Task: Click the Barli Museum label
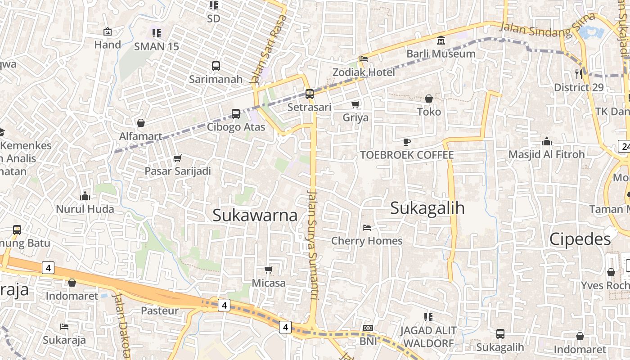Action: point(441,54)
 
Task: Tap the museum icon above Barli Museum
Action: point(441,40)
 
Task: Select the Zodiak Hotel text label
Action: point(364,72)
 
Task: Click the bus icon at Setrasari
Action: point(309,94)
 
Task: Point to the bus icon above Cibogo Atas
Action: point(236,114)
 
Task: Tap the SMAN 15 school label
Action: point(157,46)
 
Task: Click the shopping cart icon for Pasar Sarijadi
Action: point(177,158)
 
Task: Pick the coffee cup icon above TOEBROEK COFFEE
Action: point(407,142)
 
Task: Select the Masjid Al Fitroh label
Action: point(546,154)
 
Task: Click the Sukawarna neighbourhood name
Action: point(255,215)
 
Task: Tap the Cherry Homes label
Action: point(367,241)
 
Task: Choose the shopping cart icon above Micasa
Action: point(269,270)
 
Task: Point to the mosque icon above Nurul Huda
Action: point(85,196)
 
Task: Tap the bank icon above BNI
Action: point(368,328)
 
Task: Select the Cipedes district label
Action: point(580,239)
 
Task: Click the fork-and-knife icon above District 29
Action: point(579,74)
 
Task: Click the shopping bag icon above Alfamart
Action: point(141,123)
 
